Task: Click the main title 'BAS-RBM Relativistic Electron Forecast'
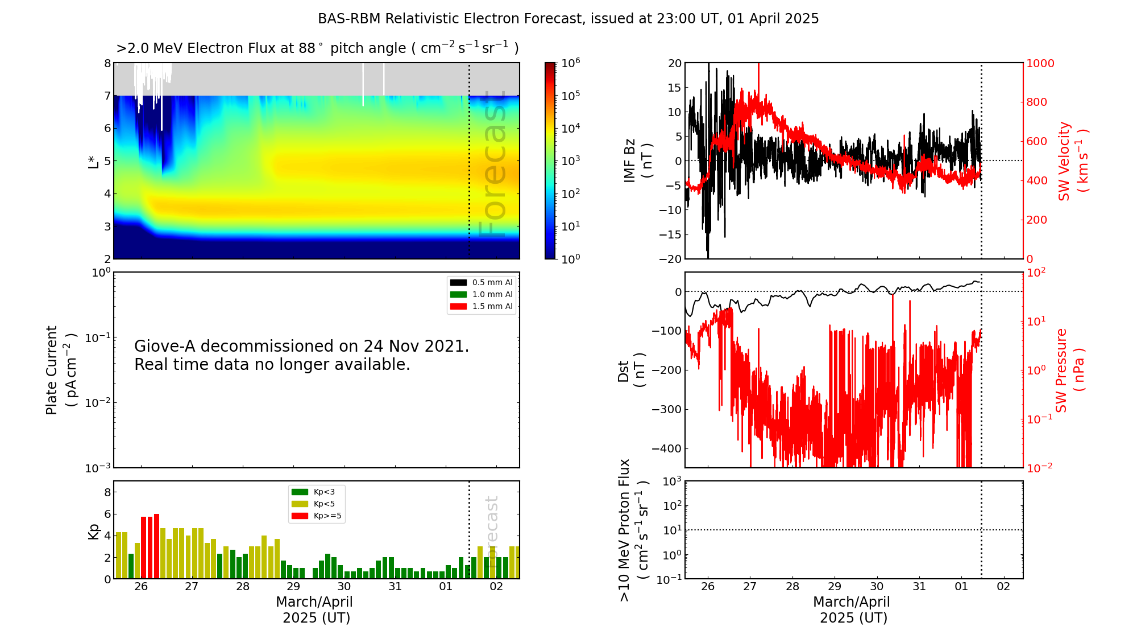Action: click(x=568, y=19)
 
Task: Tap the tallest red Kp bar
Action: click(x=156, y=546)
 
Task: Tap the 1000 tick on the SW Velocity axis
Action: click(x=1040, y=63)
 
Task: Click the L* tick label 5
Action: click(x=107, y=161)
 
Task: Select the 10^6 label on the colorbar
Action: click(x=571, y=63)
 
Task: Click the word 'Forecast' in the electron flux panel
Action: click(x=492, y=165)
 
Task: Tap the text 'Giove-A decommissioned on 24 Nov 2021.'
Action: click(x=301, y=346)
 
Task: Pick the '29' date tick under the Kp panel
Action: click(x=293, y=587)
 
